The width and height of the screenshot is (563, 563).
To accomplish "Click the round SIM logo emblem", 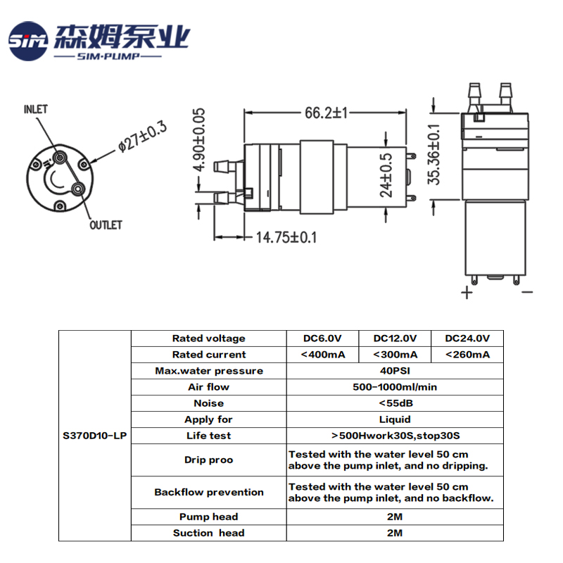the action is pyautogui.click(x=28, y=41).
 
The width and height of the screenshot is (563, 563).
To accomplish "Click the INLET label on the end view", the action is pyautogui.click(x=36, y=109).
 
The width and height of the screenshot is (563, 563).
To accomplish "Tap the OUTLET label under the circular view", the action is pyautogui.click(x=106, y=225).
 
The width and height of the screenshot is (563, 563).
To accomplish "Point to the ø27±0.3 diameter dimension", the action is pyautogui.click(x=143, y=137).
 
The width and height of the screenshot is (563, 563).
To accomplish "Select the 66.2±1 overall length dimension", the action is pyautogui.click(x=327, y=113).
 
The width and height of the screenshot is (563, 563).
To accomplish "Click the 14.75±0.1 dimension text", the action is pyautogui.click(x=286, y=237).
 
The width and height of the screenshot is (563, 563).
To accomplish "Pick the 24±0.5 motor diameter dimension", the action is pyautogui.click(x=386, y=175).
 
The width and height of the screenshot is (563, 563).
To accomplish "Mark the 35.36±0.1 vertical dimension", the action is pyautogui.click(x=434, y=154).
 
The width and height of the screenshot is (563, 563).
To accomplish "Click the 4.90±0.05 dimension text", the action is pyautogui.click(x=198, y=139).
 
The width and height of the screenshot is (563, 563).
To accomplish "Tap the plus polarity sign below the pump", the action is pyautogui.click(x=467, y=292).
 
